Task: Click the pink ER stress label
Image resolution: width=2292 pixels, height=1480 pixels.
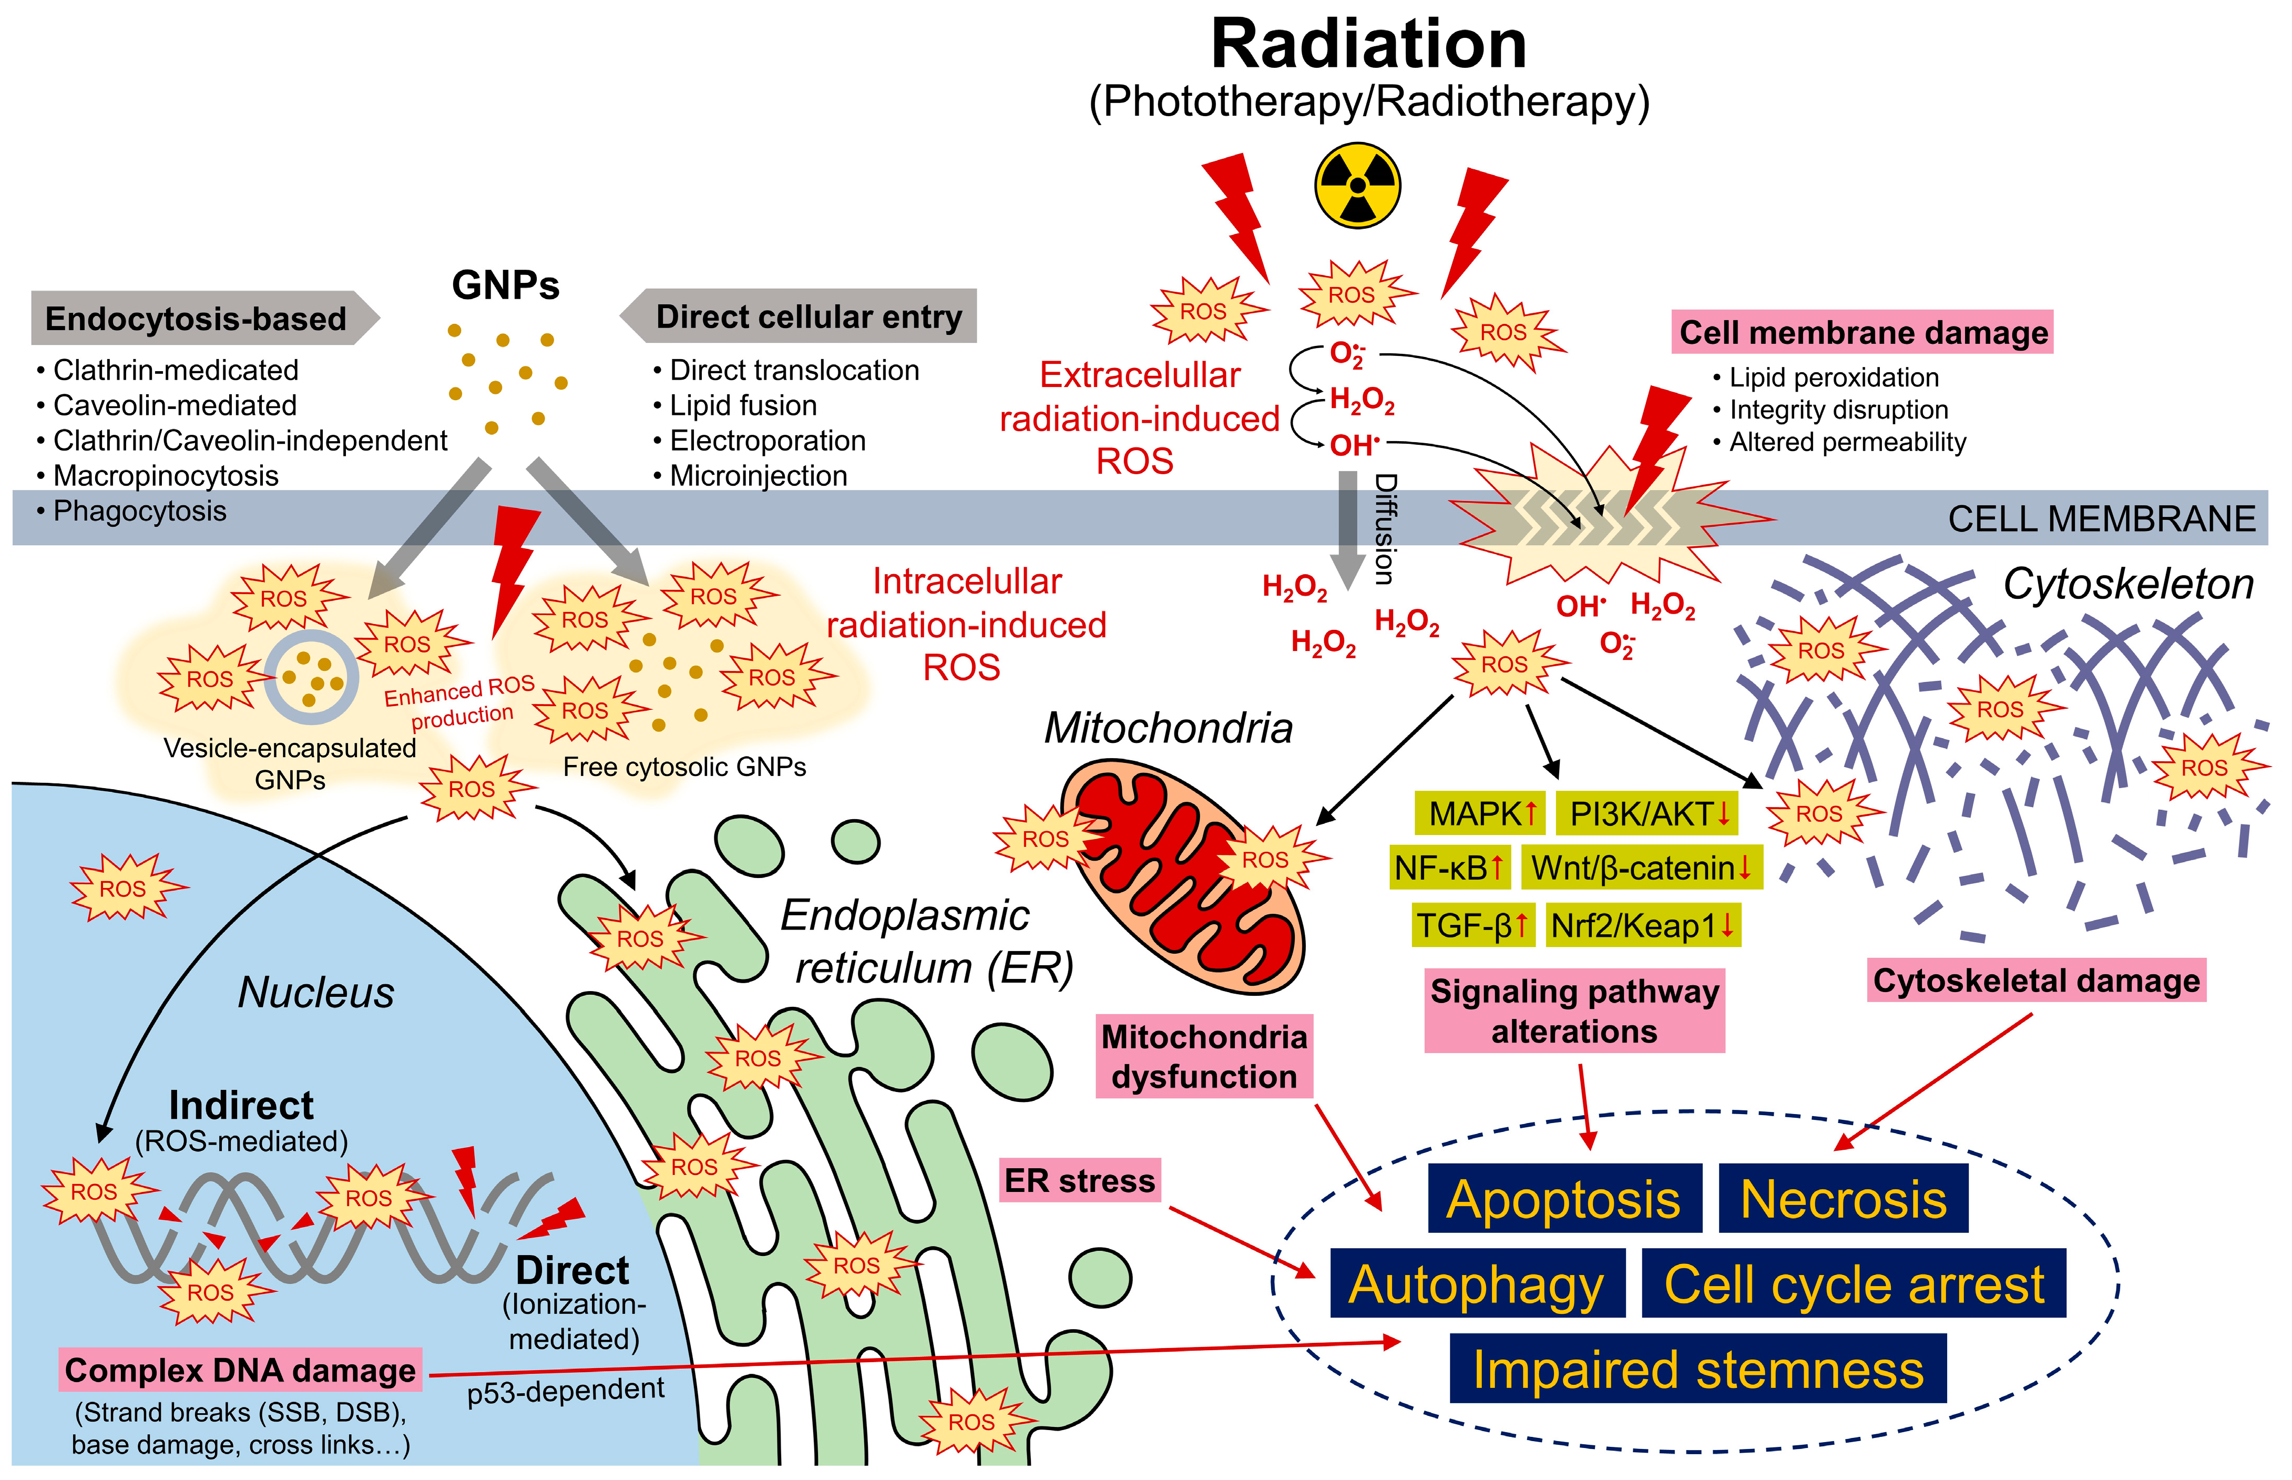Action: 1079,1180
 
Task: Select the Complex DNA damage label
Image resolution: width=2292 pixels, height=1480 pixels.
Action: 240,1370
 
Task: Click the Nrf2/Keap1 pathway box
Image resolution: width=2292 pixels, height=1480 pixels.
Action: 1642,925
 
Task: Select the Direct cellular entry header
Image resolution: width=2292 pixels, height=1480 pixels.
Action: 808,316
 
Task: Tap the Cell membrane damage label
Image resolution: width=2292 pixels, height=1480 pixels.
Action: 1863,332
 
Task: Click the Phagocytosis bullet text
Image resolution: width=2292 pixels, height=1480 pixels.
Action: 139,511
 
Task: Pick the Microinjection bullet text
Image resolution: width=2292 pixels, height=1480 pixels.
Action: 758,476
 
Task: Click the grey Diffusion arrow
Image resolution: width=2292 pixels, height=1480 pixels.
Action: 1348,528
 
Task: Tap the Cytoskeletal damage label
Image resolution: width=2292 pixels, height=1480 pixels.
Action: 2035,980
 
